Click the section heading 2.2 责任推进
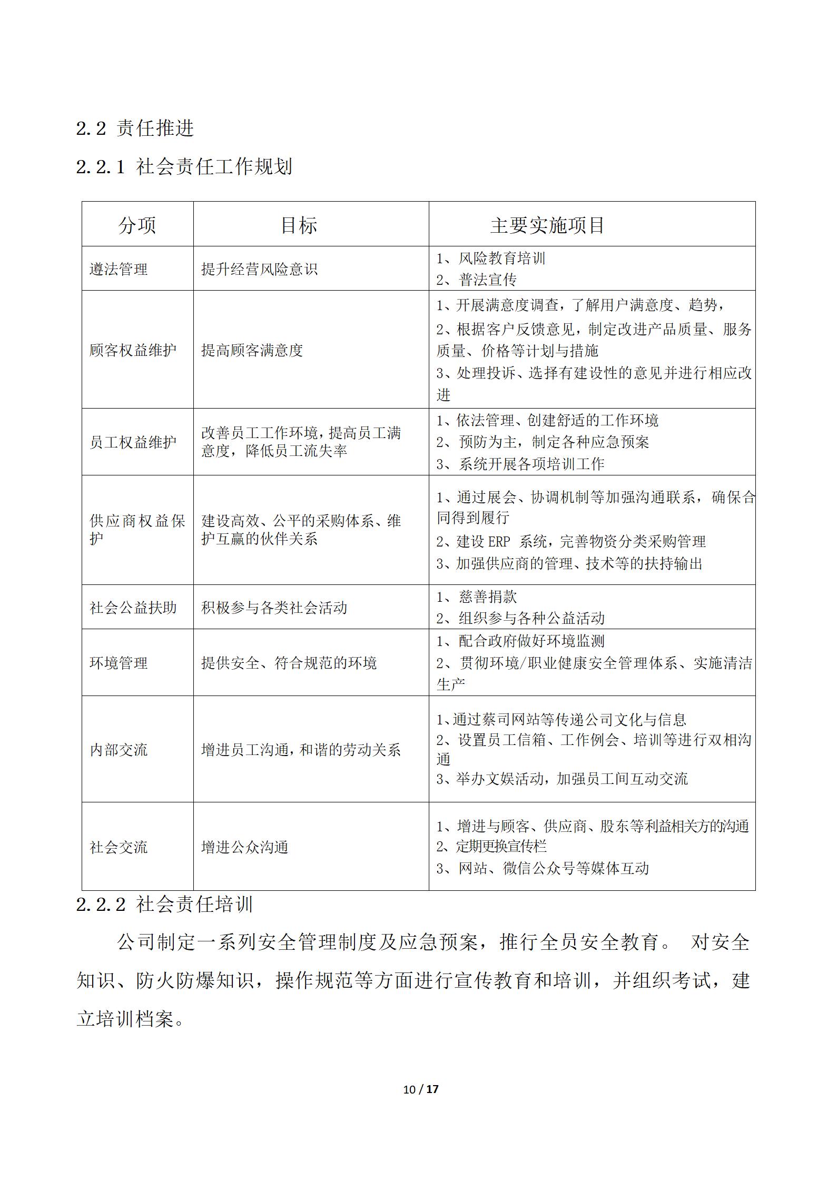135,128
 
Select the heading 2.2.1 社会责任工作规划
184,167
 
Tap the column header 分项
137,225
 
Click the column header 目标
299,225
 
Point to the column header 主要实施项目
547,225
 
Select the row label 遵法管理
119,270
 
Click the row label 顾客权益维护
133,351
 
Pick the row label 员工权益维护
133,443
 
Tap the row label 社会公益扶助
133,608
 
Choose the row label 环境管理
119,663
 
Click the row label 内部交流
119,750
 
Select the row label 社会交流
119,848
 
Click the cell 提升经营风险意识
259,270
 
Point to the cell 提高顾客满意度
252,351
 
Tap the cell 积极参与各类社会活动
274,608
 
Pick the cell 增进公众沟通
244,848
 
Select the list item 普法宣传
487,280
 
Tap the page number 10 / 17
420,1089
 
